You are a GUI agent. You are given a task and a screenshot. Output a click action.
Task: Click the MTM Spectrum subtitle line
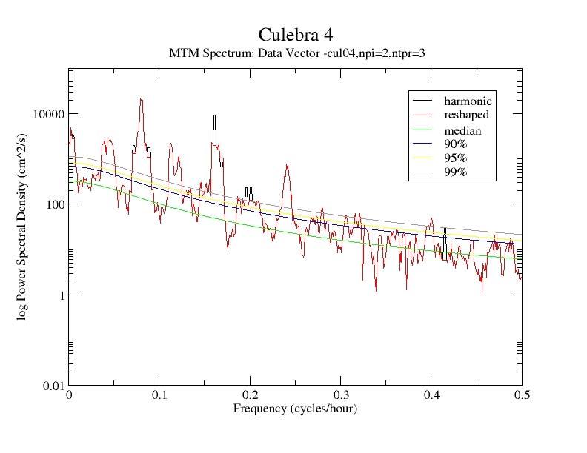[x=296, y=53]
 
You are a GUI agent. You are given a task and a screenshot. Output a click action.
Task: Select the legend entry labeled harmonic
[x=468, y=101]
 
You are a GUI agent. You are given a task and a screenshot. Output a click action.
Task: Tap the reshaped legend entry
[x=466, y=115]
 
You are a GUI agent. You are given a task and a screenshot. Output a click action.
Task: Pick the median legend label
[x=462, y=131]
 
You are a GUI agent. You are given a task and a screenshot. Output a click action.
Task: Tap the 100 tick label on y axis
[x=53, y=204]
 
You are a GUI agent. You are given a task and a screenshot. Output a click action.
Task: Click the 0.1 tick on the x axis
[x=159, y=396]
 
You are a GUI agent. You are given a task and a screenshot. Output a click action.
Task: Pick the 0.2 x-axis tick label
[x=251, y=396]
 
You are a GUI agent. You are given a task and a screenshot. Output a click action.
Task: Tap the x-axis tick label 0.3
[x=341, y=396]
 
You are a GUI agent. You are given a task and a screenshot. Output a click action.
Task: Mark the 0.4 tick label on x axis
[x=431, y=396]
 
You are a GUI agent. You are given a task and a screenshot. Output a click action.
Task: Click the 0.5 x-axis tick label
[x=522, y=396]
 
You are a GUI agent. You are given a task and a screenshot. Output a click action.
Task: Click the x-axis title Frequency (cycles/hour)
[x=295, y=409]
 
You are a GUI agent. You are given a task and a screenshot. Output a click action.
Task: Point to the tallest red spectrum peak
[x=141, y=99]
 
